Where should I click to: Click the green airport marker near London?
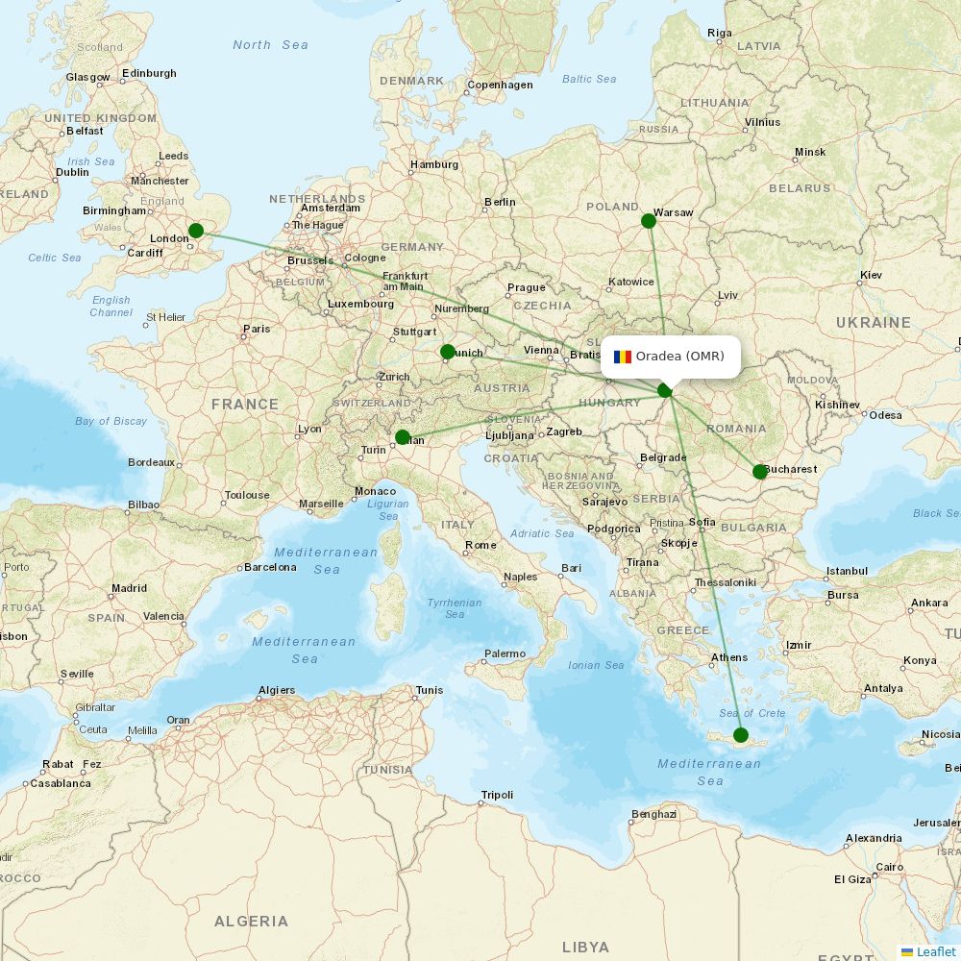pyautogui.click(x=196, y=231)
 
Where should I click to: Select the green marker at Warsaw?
pyautogui.click(x=649, y=221)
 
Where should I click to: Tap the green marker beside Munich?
pyautogui.click(x=448, y=352)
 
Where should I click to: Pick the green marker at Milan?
pyautogui.click(x=403, y=437)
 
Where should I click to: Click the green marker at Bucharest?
pyautogui.click(x=760, y=471)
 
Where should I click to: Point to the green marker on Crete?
pyautogui.click(x=740, y=735)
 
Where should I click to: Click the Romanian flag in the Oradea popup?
pyautogui.click(x=623, y=357)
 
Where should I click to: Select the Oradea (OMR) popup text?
pyautogui.click(x=679, y=357)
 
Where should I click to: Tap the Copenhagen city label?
pyautogui.click(x=500, y=86)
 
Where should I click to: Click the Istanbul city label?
pyautogui.click(x=847, y=571)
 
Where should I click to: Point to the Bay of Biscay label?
pyautogui.click(x=111, y=421)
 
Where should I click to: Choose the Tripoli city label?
pyautogui.click(x=498, y=795)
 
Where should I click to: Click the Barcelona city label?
pyautogui.click(x=270, y=567)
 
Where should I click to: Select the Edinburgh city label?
pyautogui.click(x=150, y=73)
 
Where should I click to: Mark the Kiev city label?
pyautogui.click(x=871, y=276)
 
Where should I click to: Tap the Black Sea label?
pyautogui.click(x=935, y=513)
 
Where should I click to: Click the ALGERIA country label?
pyautogui.click(x=251, y=921)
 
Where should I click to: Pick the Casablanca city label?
pyautogui.click(x=60, y=783)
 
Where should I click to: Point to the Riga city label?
pyautogui.click(x=720, y=33)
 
